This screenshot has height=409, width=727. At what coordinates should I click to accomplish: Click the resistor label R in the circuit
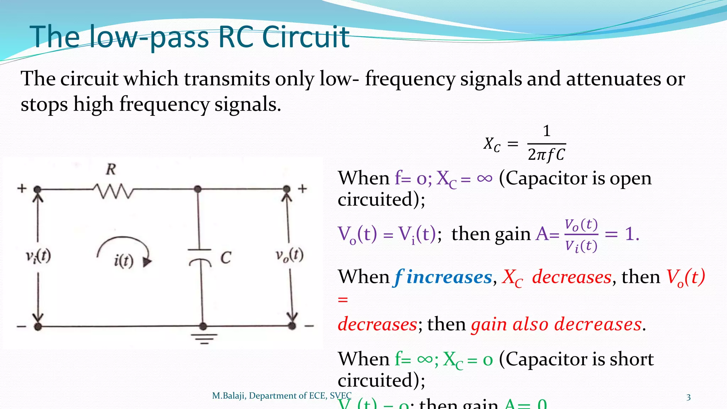coord(111,169)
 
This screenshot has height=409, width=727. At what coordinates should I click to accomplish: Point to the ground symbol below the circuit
coord(204,339)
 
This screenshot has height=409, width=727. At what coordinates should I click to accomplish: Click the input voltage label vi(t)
coord(38,256)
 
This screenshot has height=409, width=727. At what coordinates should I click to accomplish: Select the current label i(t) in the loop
coord(124,261)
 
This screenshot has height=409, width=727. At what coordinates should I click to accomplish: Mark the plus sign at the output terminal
coord(302,189)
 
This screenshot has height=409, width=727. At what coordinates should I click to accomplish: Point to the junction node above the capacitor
coord(198,189)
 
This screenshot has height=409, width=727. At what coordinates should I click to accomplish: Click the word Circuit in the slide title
coord(306,37)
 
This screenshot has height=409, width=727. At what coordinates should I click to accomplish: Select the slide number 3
coord(688,397)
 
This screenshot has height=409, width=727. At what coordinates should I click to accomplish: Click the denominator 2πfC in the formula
coord(546,155)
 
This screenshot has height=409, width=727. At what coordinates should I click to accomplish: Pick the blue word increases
coord(449,277)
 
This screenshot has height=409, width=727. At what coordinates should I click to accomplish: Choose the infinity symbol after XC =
coord(485,178)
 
